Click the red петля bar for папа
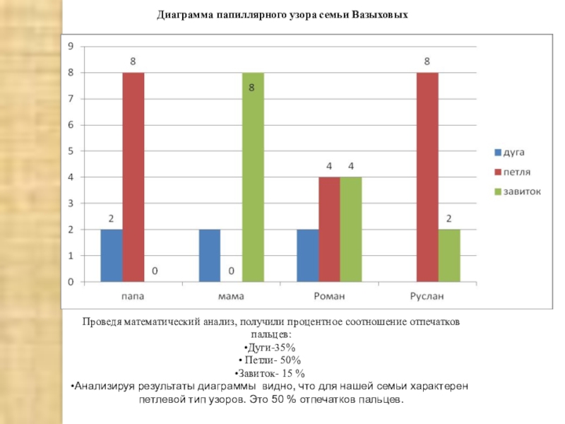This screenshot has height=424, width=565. (133, 177)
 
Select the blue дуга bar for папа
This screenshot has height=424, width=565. (111, 256)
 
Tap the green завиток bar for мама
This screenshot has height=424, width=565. (253, 177)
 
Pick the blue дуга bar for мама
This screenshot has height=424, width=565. (210, 256)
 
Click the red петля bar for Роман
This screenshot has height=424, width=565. (329, 230)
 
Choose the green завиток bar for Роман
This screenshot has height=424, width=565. (350, 230)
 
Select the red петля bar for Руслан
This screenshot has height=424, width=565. (427, 177)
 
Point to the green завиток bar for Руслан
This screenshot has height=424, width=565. (448, 256)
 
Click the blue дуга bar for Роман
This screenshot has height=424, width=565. (307, 256)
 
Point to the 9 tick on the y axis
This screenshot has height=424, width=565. (71, 46)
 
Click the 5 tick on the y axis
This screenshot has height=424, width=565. (71, 151)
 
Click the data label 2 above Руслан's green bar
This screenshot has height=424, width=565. (448, 218)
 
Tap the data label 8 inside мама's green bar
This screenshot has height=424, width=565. (252, 88)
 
